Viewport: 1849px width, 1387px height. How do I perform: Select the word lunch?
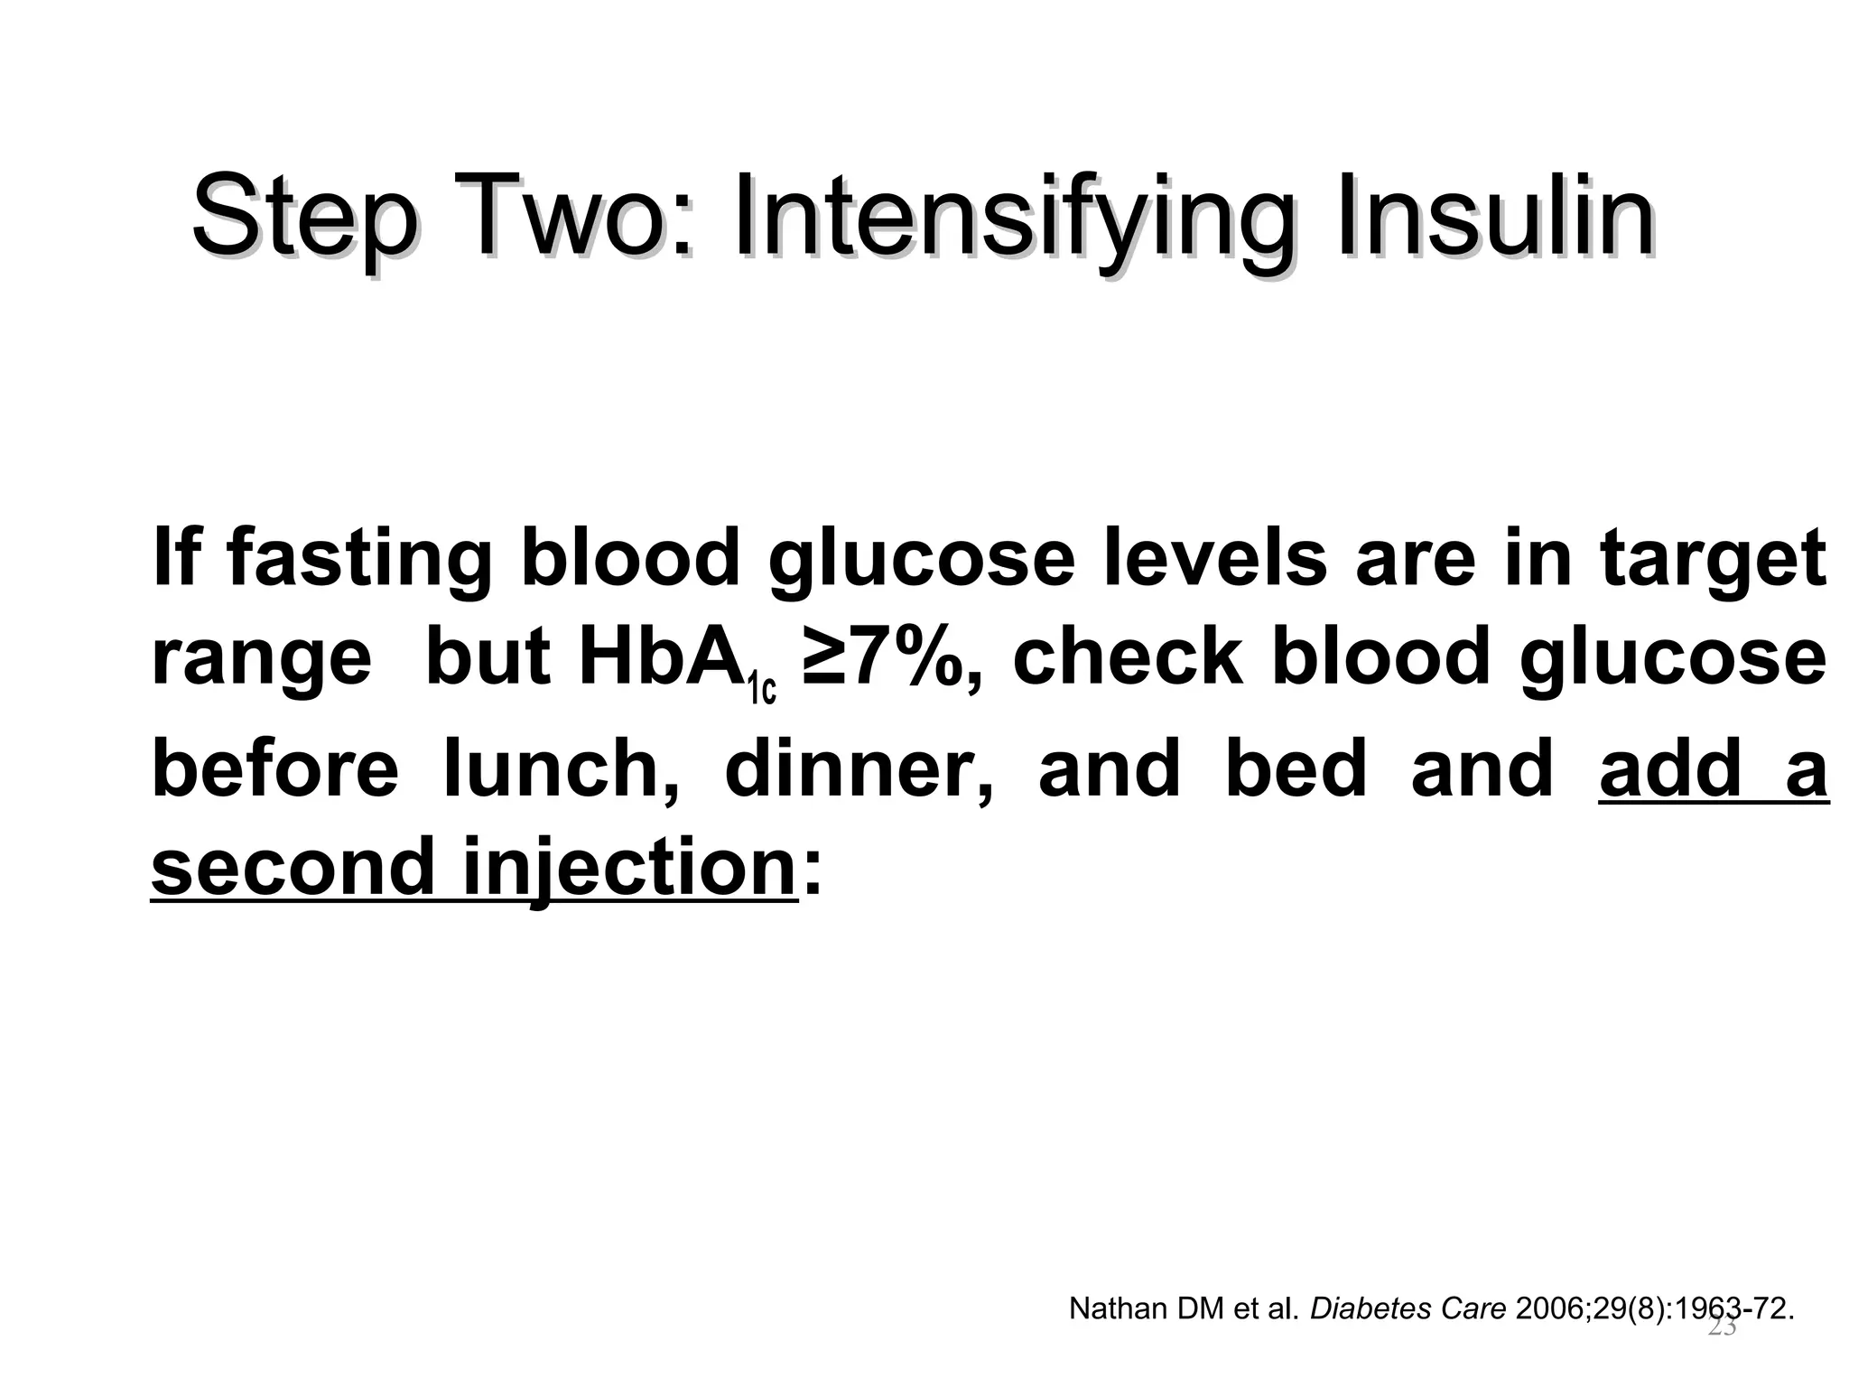(x=560, y=768)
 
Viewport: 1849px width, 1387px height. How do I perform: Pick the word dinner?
(x=858, y=768)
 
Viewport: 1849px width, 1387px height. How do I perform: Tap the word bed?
(x=1296, y=768)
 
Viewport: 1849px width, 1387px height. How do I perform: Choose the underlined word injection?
(x=628, y=866)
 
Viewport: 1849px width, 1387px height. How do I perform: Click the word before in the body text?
(x=275, y=768)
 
